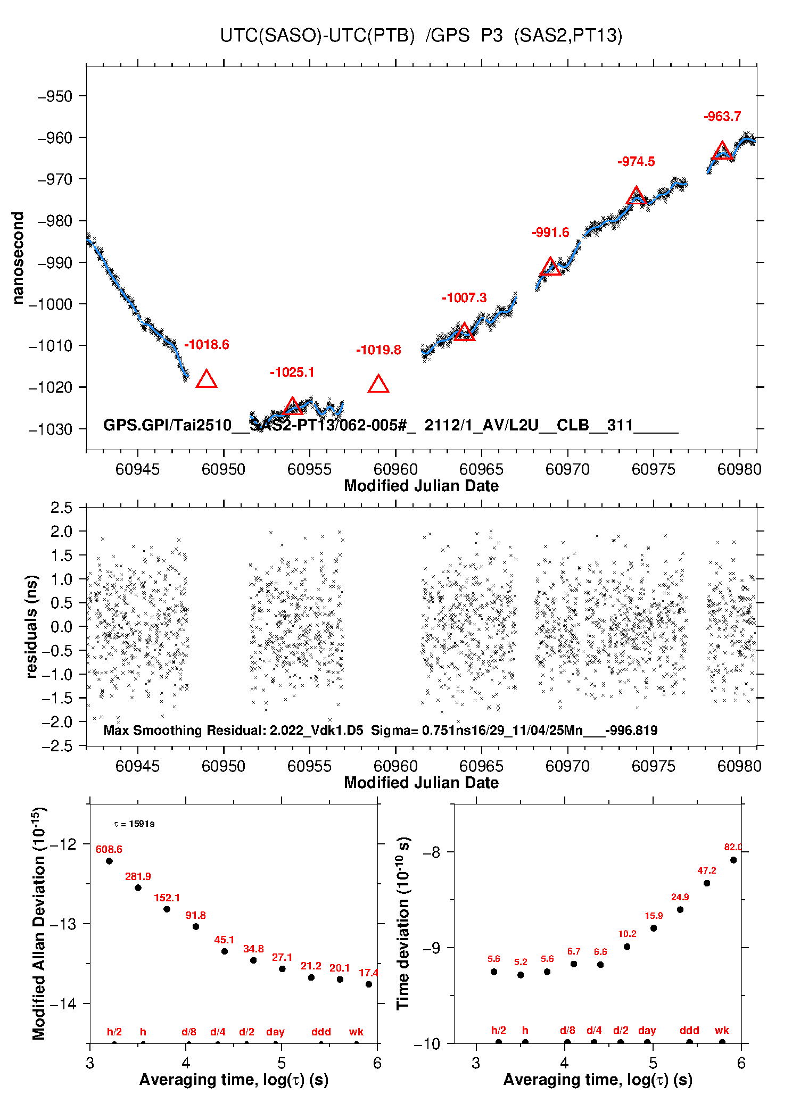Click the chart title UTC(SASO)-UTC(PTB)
click(x=317, y=36)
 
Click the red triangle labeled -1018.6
click(x=207, y=379)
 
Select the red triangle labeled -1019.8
click(x=378, y=384)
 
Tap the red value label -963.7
click(x=722, y=117)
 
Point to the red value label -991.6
click(x=550, y=233)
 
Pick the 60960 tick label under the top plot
click(x=395, y=469)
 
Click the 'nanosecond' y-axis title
click(x=18, y=258)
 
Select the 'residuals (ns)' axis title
click(x=32, y=626)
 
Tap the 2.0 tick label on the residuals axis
click(x=61, y=531)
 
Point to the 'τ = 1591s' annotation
click(x=134, y=824)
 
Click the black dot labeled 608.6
click(x=109, y=861)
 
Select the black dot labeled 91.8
click(x=196, y=926)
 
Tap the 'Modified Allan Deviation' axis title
click(x=38, y=923)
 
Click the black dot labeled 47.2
click(x=707, y=883)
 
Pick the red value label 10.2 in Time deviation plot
click(x=627, y=933)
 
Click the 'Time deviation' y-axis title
click(x=403, y=923)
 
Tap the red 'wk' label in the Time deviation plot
click(x=722, y=1030)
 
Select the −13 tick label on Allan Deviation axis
click(x=63, y=924)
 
